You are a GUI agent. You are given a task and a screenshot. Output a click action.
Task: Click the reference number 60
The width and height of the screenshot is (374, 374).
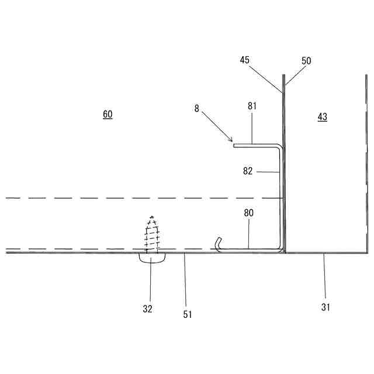(x=108, y=115)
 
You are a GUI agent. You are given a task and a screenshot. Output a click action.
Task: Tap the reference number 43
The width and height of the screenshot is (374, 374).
(x=322, y=117)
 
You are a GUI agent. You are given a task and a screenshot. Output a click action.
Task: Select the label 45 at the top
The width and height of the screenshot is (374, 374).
(x=244, y=60)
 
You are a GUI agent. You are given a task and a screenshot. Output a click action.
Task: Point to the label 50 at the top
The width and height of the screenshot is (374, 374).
(x=306, y=60)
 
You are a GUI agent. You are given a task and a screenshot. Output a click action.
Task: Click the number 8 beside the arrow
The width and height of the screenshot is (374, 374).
(x=196, y=108)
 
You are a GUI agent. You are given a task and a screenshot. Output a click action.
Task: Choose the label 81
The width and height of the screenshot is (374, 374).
(x=252, y=106)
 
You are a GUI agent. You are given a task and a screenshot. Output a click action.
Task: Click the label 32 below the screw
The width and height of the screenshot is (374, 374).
(x=147, y=309)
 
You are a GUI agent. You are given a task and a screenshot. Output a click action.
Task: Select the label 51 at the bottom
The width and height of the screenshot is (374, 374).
(x=187, y=314)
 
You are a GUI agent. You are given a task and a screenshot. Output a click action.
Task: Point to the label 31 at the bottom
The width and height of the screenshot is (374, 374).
(x=325, y=306)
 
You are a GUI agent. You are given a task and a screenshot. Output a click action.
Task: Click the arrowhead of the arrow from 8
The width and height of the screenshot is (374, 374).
(x=231, y=141)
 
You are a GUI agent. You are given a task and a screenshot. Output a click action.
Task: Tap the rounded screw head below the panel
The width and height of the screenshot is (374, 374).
(x=152, y=258)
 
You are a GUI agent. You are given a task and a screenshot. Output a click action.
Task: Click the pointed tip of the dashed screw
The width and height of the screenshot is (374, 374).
(x=152, y=217)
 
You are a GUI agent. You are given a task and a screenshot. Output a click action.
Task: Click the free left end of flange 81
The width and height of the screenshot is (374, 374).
(x=234, y=144)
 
